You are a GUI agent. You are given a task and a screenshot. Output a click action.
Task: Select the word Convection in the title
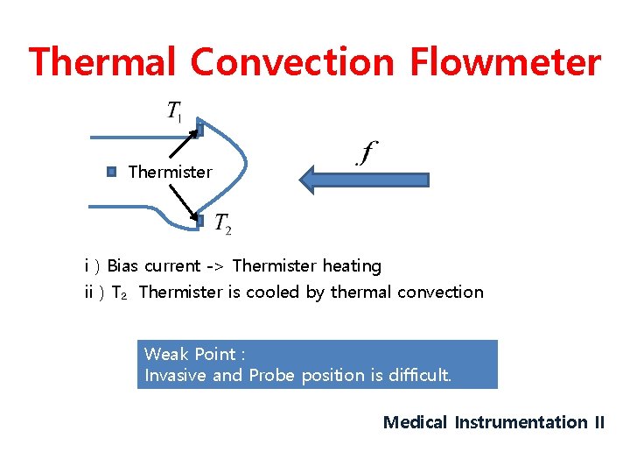click(x=292, y=63)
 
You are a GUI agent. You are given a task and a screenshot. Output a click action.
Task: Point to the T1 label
click(x=175, y=112)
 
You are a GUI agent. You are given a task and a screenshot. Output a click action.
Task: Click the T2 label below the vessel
click(x=223, y=225)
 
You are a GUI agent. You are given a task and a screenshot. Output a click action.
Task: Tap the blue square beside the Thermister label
click(x=111, y=172)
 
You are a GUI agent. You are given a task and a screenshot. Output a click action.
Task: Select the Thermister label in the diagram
click(x=170, y=172)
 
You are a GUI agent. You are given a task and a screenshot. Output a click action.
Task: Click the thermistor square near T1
click(x=199, y=129)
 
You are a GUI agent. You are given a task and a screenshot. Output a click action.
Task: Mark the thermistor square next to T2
click(x=199, y=222)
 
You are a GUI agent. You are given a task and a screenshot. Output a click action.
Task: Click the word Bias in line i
click(x=123, y=265)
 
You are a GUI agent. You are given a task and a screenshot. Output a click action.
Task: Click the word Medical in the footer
click(x=416, y=422)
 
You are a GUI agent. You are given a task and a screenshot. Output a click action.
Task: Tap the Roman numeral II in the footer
click(x=598, y=422)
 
